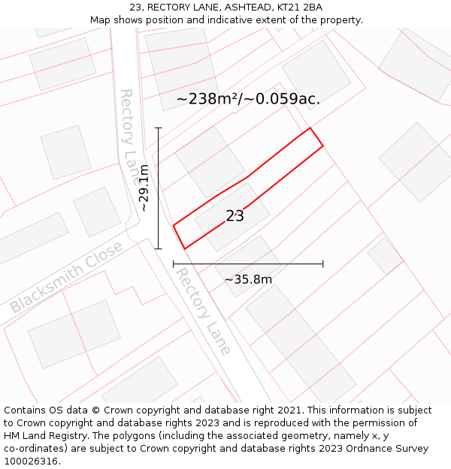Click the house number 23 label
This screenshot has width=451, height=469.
(235, 216)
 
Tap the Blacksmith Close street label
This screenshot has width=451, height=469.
(66, 278)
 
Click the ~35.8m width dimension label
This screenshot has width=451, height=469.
(248, 280)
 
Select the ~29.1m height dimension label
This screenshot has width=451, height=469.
(143, 188)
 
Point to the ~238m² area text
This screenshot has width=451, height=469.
(206, 99)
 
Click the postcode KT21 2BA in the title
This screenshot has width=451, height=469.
(302, 8)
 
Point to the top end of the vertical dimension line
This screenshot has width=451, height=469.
(158, 128)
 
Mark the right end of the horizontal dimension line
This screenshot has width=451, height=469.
(323, 264)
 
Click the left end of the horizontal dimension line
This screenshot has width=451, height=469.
(174, 264)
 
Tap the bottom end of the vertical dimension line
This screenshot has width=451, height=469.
(158, 248)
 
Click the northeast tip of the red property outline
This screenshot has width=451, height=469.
(310, 128)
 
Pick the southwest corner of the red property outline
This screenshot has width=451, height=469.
(184, 248)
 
